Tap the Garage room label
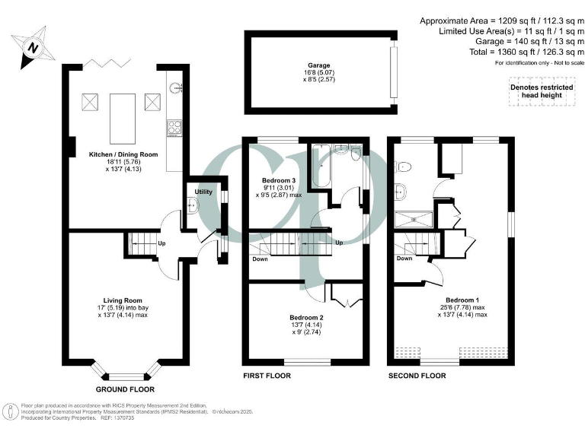(320, 65)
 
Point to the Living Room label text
(123, 300)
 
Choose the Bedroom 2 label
(306, 317)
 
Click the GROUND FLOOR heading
(123, 388)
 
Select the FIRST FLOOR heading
(267, 376)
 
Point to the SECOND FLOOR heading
(417, 376)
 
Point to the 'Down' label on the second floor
(404, 258)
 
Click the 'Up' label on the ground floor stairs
(161, 244)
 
